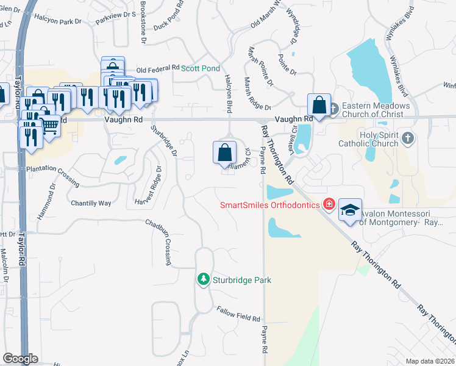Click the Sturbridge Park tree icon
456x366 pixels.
(x=203, y=279)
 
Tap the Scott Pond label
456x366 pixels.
(x=200, y=68)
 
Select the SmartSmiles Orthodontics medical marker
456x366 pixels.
(x=330, y=204)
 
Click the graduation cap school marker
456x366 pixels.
(x=350, y=210)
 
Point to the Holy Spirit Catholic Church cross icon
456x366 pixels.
(x=408, y=138)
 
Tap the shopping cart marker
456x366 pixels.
(x=50, y=126)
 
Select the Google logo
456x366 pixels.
(x=20, y=359)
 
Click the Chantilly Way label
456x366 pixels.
(x=91, y=203)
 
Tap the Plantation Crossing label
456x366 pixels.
(x=52, y=168)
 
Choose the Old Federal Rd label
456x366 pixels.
(x=158, y=69)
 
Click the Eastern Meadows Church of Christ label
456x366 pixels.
(x=376, y=109)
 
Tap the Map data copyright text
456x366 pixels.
(x=430, y=361)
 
